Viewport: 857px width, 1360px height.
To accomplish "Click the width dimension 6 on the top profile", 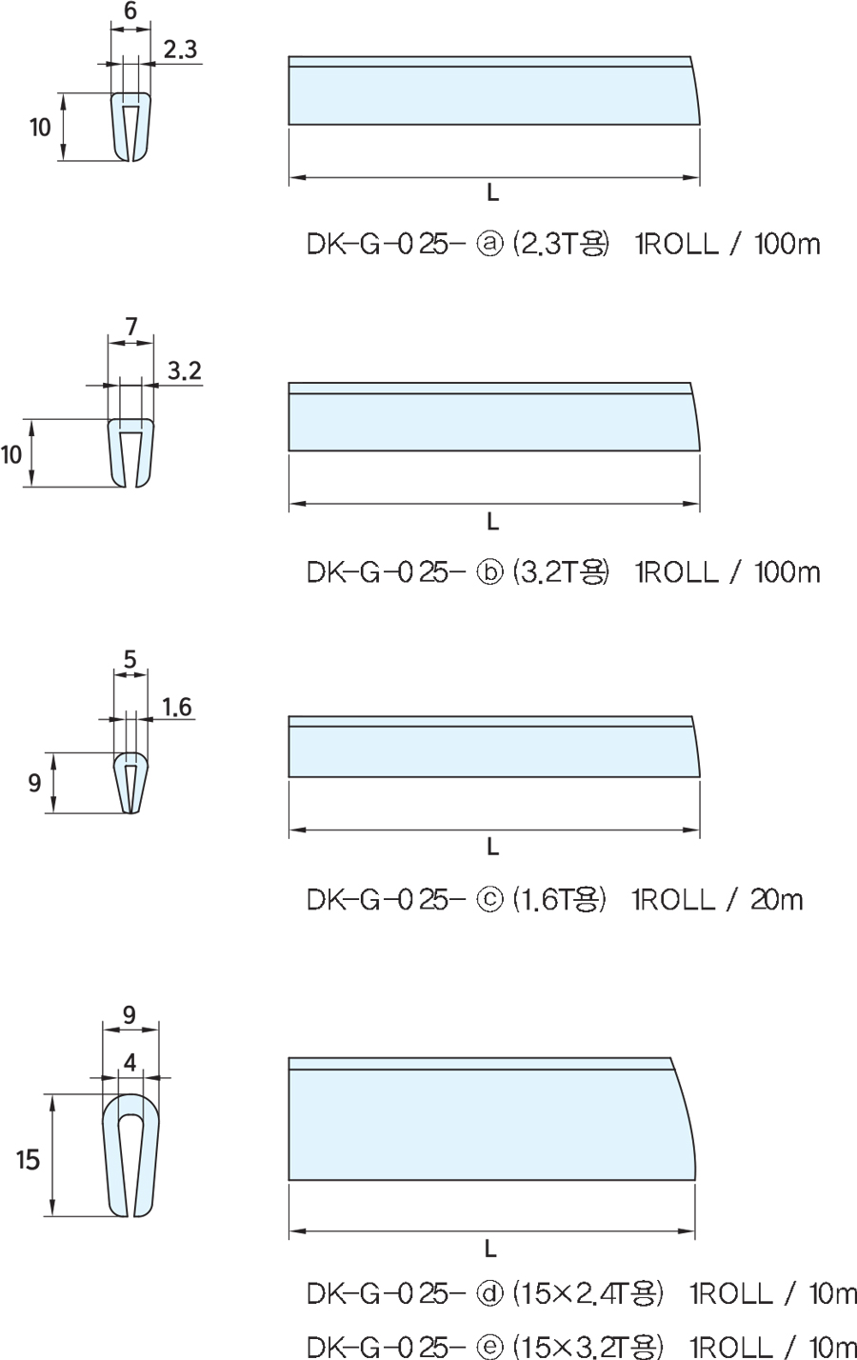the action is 130,10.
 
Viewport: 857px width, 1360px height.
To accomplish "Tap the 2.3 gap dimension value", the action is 180,50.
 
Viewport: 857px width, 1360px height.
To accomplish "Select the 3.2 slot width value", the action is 185,370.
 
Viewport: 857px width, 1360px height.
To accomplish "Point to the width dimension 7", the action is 131,327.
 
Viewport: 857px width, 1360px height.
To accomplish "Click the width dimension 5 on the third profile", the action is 130,659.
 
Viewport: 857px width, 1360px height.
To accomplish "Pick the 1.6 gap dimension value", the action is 176,707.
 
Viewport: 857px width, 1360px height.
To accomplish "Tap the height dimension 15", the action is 28,1160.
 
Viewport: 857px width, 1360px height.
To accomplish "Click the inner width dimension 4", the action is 130,1063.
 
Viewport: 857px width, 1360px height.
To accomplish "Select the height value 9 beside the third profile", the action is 34,783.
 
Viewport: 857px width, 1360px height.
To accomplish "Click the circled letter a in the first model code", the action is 489,244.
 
